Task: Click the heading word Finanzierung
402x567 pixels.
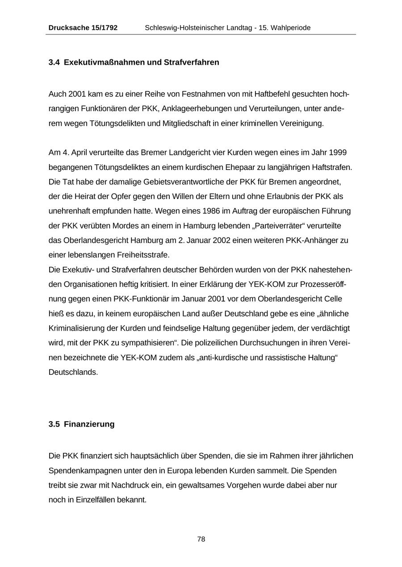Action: pyautogui.click(x=89, y=424)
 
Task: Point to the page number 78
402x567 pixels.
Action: pyautogui.click(x=201, y=539)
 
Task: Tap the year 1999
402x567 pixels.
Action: pyautogui.click(x=337, y=153)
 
